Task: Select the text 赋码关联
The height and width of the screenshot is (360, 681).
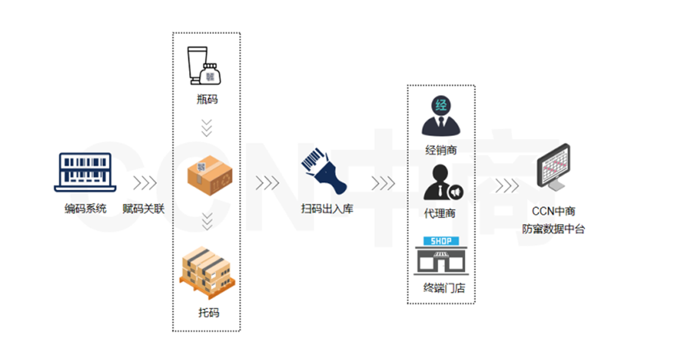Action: [144, 209]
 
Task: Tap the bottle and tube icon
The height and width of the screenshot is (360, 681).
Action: [204, 67]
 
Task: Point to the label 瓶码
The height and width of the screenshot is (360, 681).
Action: [207, 100]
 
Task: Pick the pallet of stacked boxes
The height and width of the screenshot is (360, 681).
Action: [207, 270]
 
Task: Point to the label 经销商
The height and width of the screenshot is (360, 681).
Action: [441, 149]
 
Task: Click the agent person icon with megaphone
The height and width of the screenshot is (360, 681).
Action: [442, 182]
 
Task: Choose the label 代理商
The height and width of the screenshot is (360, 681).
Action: [440, 214]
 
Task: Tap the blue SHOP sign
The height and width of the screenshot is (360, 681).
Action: [441, 241]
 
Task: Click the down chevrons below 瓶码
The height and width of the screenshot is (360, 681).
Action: [207, 127]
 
